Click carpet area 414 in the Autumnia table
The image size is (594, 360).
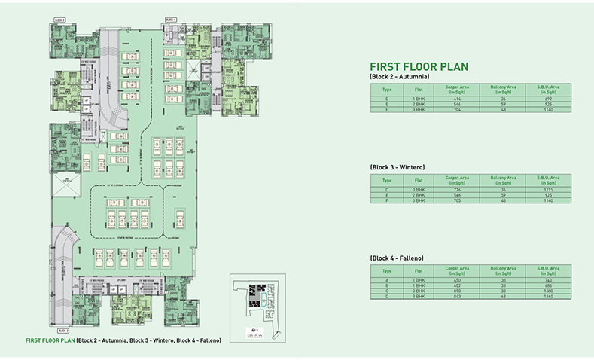pyautogui.click(x=456, y=99)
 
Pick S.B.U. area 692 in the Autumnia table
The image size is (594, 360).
pyautogui.click(x=547, y=99)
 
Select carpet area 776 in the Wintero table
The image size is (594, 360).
pyautogui.click(x=456, y=189)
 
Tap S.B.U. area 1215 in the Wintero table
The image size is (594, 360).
pyautogui.click(x=547, y=189)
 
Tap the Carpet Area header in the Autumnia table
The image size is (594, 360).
pyautogui.click(x=456, y=90)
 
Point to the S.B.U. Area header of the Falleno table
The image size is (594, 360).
pyautogui.click(x=547, y=270)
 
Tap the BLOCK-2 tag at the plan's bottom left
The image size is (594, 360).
pyautogui.click(x=62, y=331)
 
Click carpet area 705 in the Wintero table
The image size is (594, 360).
pyautogui.click(x=456, y=200)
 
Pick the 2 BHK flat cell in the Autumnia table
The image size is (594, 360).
pyautogui.click(x=413, y=104)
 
